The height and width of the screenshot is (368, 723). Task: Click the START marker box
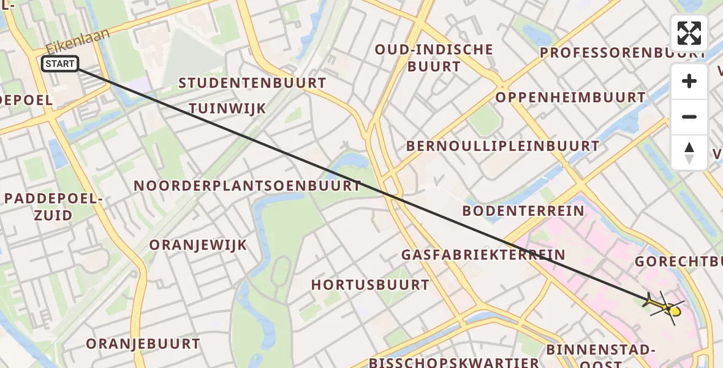60,64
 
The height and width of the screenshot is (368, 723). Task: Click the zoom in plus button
689,81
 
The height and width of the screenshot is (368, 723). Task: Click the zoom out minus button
689,117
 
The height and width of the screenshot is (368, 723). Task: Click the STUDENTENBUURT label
252,83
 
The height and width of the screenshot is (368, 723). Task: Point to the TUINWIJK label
227,109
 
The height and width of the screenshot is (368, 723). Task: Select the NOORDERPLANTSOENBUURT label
247,185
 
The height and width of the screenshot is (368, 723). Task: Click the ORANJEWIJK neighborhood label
198,245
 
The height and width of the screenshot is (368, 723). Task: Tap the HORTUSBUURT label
370,285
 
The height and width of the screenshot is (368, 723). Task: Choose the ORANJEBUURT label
143,343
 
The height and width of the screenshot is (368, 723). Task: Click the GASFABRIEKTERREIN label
483,254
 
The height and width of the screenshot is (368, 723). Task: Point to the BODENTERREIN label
523,211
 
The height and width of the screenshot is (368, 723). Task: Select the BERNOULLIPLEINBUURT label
502,146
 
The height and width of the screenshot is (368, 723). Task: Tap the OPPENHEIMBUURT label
570,98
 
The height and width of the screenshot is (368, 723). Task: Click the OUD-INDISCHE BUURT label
434,58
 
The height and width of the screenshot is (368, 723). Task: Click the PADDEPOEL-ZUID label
52,207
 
